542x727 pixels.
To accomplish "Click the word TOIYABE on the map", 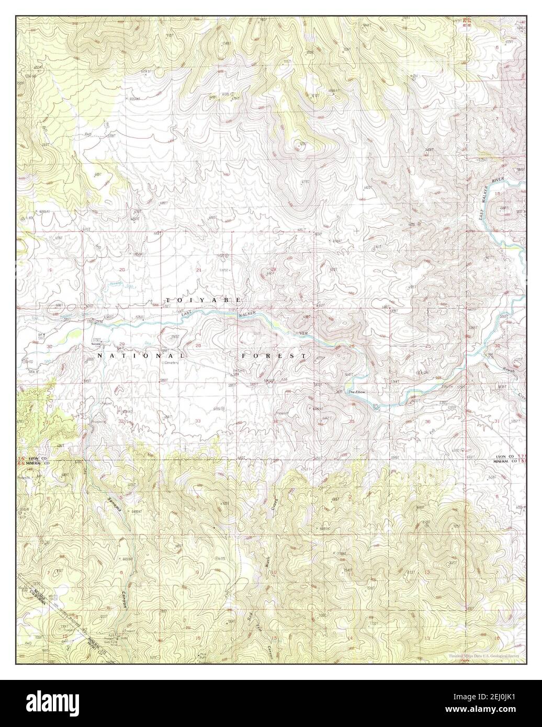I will pyautogui.click(x=203, y=300).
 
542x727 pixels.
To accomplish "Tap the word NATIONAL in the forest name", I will pyautogui.click(x=138, y=356).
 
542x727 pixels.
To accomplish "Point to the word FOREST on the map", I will pyautogui.click(x=274, y=356).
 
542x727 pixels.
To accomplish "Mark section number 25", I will pyautogui.click(x=428, y=346).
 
